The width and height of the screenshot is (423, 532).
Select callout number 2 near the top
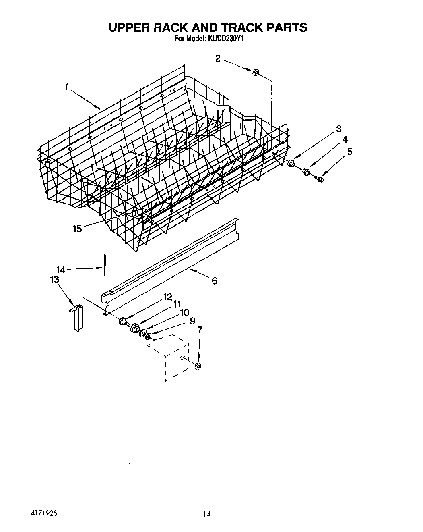[x=218, y=59]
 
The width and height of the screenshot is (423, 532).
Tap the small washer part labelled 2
[x=255, y=73]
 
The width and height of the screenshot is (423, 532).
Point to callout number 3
[x=338, y=129]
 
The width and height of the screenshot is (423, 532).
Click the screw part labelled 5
[x=319, y=179]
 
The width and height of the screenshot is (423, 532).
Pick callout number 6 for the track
[x=214, y=281]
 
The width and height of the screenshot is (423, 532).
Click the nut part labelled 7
[x=198, y=366]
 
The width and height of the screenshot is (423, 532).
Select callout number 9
[x=192, y=321]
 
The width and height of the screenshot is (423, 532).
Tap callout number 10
[x=184, y=312]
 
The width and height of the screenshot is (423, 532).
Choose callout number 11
[x=177, y=304]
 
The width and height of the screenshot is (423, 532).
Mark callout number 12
[x=167, y=297]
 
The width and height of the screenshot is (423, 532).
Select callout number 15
[x=77, y=229]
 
